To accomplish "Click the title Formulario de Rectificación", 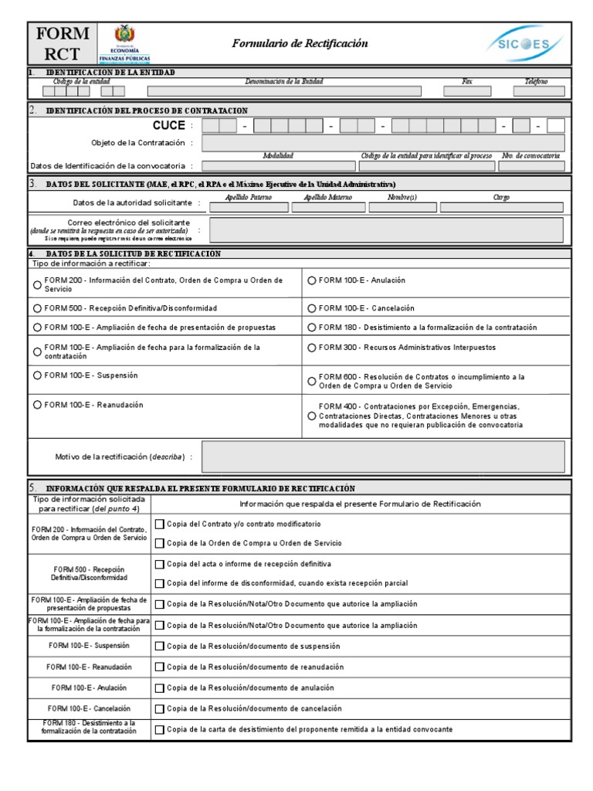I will tap(300, 44).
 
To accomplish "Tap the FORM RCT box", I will tap(62, 44).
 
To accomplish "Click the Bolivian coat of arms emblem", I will tap(124, 36).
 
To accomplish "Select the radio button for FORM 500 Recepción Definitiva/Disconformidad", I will tap(37, 308).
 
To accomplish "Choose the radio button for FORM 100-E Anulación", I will tap(311, 280).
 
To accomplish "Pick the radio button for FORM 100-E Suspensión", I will tap(37, 375).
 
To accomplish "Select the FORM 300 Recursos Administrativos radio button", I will tap(311, 348).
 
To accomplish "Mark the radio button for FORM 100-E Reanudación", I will tap(37, 405).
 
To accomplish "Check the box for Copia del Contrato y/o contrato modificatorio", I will tap(160, 524).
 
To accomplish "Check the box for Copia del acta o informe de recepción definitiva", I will tap(160, 564).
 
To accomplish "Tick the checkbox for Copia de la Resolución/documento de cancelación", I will tap(160, 708).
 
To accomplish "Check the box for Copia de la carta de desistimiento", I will tap(160, 729).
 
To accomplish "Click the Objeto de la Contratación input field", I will tap(383, 143).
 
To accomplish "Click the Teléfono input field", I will tap(538, 91).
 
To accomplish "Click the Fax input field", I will tap(467, 91).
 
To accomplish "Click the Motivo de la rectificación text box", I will tap(383, 457).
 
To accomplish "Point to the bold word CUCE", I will tap(168, 125).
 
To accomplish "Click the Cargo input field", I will tap(502, 207).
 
